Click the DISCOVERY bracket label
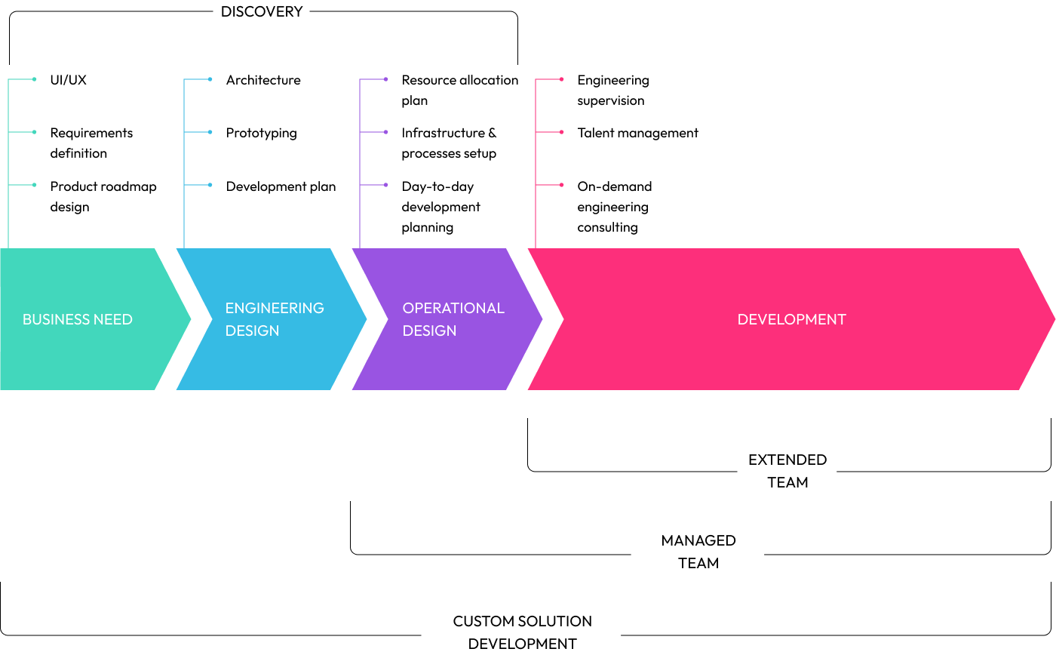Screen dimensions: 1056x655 pos(262,12)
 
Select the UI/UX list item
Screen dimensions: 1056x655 pos(69,80)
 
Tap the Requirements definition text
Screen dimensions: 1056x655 pos(91,143)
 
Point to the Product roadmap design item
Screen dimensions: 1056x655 pos(103,196)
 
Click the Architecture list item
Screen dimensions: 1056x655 pos(263,80)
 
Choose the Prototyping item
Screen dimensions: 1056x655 pos(261,133)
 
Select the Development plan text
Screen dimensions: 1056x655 pos(281,186)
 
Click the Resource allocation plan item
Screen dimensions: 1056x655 pos(459,90)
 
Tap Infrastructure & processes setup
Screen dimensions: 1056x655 pos(449,143)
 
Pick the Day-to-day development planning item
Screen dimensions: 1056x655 pos(441,207)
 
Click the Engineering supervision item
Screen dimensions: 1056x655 pos(612,90)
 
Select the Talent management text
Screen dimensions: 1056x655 pos(637,133)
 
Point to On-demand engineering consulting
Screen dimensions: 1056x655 pos(614,207)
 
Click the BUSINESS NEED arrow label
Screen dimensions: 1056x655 pos(77,319)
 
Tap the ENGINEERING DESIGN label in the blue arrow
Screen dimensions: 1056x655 pos(275,319)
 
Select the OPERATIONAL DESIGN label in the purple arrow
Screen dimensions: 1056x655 pos(453,319)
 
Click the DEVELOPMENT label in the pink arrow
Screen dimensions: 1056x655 pos(791,319)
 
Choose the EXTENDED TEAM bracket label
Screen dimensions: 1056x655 pos(787,471)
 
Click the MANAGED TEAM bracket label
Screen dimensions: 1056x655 pos(698,552)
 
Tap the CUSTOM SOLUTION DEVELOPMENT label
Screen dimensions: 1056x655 pos(522,632)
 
